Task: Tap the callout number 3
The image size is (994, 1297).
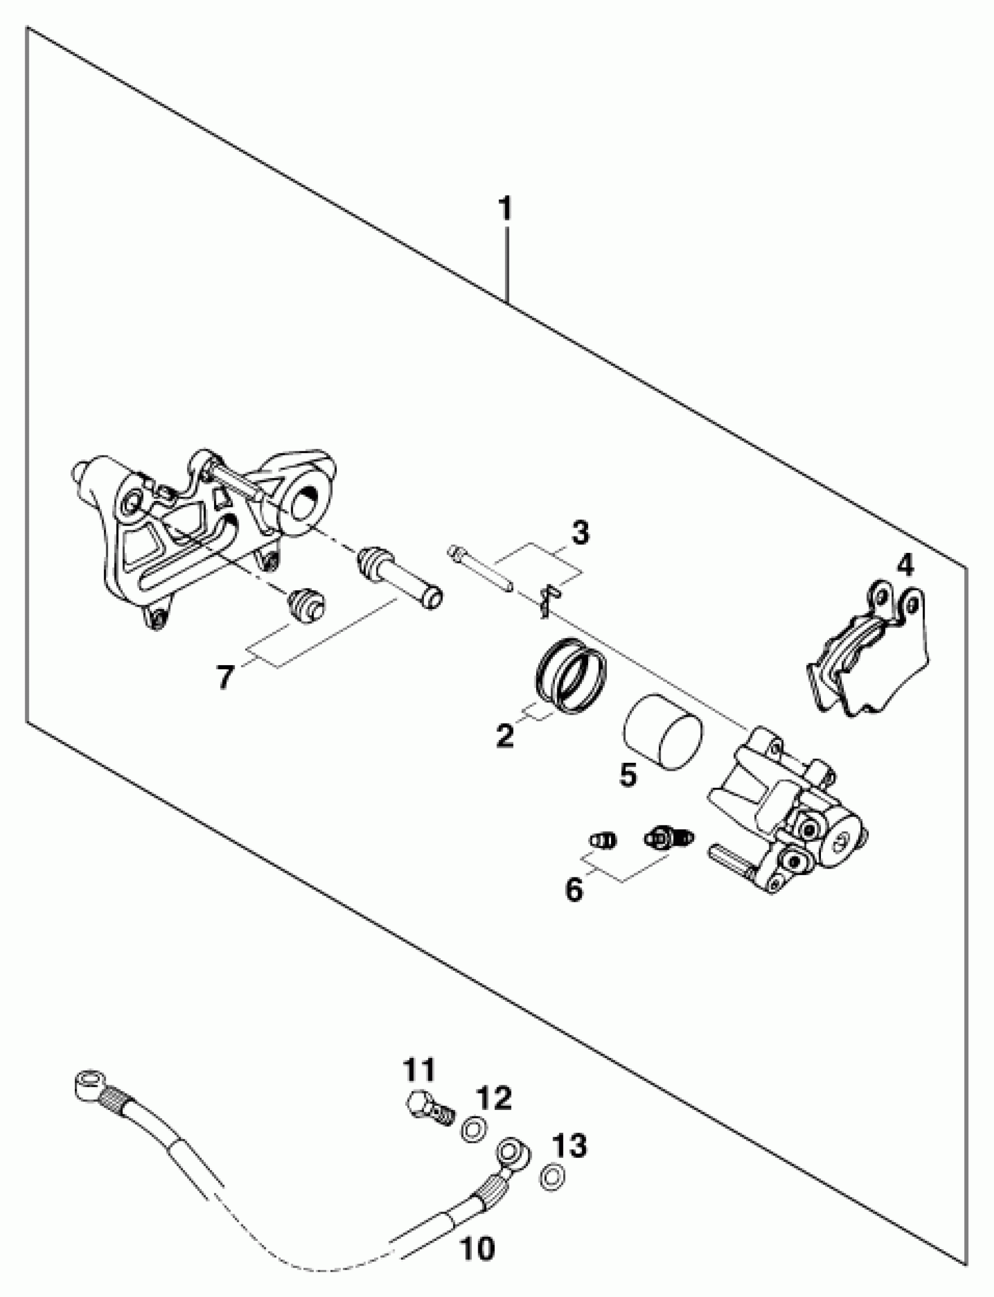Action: (580, 532)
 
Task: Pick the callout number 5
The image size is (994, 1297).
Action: (628, 773)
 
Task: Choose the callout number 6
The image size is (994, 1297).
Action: (574, 889)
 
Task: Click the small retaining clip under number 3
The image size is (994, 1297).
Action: (547, 600)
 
